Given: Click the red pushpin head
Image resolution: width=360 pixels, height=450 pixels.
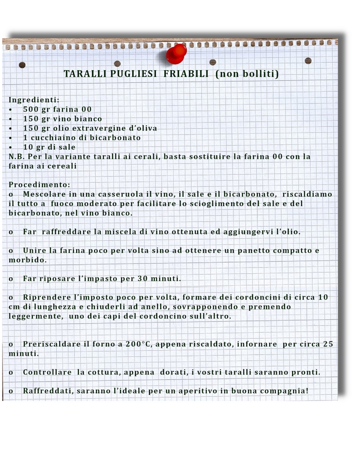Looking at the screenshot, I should click(x=176, y=54).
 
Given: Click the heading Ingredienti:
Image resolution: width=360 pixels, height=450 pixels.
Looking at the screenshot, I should click(x=34, y=100).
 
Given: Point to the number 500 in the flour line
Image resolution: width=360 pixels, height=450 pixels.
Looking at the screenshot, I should click(x=31, y=109).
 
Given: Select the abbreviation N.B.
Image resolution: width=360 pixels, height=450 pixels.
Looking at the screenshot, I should click(x=17, y=157).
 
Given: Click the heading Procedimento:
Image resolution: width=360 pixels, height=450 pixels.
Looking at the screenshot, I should click(x=39, y=184).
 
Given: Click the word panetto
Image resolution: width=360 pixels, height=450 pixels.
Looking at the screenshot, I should click(x=252, y=250).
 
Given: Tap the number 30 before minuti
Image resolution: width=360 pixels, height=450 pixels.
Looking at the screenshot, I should click(x=142, y=279).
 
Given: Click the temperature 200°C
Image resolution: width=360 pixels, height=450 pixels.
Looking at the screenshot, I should click(x=139, y=344).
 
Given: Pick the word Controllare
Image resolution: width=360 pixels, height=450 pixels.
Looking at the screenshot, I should click(x=47, y=372).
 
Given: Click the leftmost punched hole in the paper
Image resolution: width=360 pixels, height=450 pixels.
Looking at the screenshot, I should click(x=22, y=65).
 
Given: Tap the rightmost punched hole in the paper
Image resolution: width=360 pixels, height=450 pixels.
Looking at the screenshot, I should click(x=308, y=61).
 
